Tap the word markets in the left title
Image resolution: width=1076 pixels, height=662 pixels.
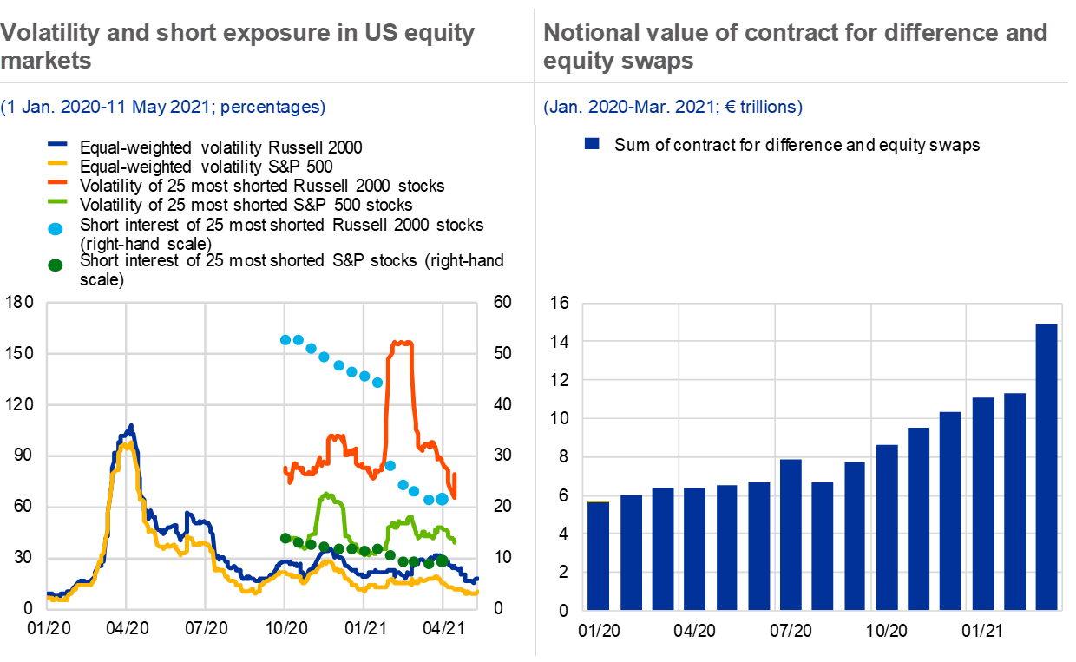tap(46, 62)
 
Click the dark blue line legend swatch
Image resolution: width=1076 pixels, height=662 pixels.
tap(57, 145)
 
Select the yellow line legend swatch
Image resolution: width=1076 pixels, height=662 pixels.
tap(57, 163)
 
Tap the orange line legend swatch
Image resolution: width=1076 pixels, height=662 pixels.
tap(57, 182)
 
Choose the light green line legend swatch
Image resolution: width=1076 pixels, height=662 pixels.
tap(57, 201)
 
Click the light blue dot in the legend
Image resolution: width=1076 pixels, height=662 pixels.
tap(56, 229)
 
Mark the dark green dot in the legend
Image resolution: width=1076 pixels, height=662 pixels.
tap(56, 265)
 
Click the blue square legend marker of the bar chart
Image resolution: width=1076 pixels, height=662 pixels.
tap(592, 143)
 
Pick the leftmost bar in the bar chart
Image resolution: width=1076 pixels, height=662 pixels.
tap(598, 555)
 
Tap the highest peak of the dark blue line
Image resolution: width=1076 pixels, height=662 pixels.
tap(131, 426)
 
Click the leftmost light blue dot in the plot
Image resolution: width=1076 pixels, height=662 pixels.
tap(285, 339)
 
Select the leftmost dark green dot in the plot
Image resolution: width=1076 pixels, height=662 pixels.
tap(285, 538)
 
